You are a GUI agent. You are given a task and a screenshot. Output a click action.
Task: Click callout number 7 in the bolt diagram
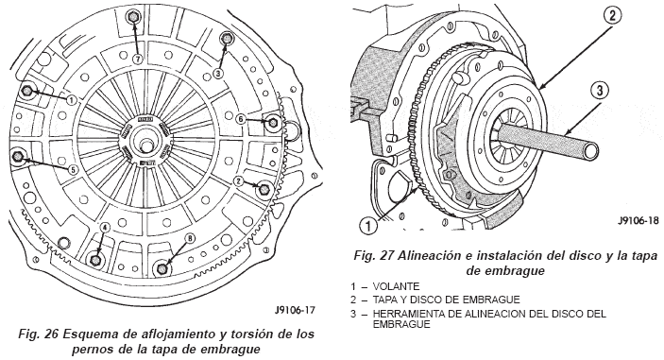click(137, 60)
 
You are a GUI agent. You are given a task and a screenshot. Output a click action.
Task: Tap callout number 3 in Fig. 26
click(218, 74)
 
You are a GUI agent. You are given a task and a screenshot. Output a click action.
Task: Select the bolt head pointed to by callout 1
click(27, 90)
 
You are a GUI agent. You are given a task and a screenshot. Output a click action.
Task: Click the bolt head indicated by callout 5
click(18, 156)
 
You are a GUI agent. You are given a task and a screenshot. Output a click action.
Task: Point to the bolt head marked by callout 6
click(273, 123)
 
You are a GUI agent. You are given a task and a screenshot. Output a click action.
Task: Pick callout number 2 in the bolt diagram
click(238, 181)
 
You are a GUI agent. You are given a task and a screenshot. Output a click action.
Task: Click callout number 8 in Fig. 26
click(190, 238)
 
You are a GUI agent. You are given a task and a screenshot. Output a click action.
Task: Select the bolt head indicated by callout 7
click(131, 17)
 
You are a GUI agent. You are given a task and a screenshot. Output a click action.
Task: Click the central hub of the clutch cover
click(146, 140)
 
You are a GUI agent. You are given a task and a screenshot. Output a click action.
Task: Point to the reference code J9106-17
click(295, 311)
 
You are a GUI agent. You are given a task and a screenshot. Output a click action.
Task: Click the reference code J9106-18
click(638, 220)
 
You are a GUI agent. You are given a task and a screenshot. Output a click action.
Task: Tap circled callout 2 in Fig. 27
click(612, 16)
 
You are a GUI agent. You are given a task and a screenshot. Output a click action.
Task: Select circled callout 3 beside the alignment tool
click(600, 91)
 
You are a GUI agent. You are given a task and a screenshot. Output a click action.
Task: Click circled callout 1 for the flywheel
click(369, 225)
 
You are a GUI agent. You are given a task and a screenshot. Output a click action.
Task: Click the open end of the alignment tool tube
click(589, 151)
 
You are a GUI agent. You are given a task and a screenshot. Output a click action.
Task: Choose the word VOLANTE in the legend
click(396, 286)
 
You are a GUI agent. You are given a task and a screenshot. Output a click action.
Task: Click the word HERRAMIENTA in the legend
click(410, 314)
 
